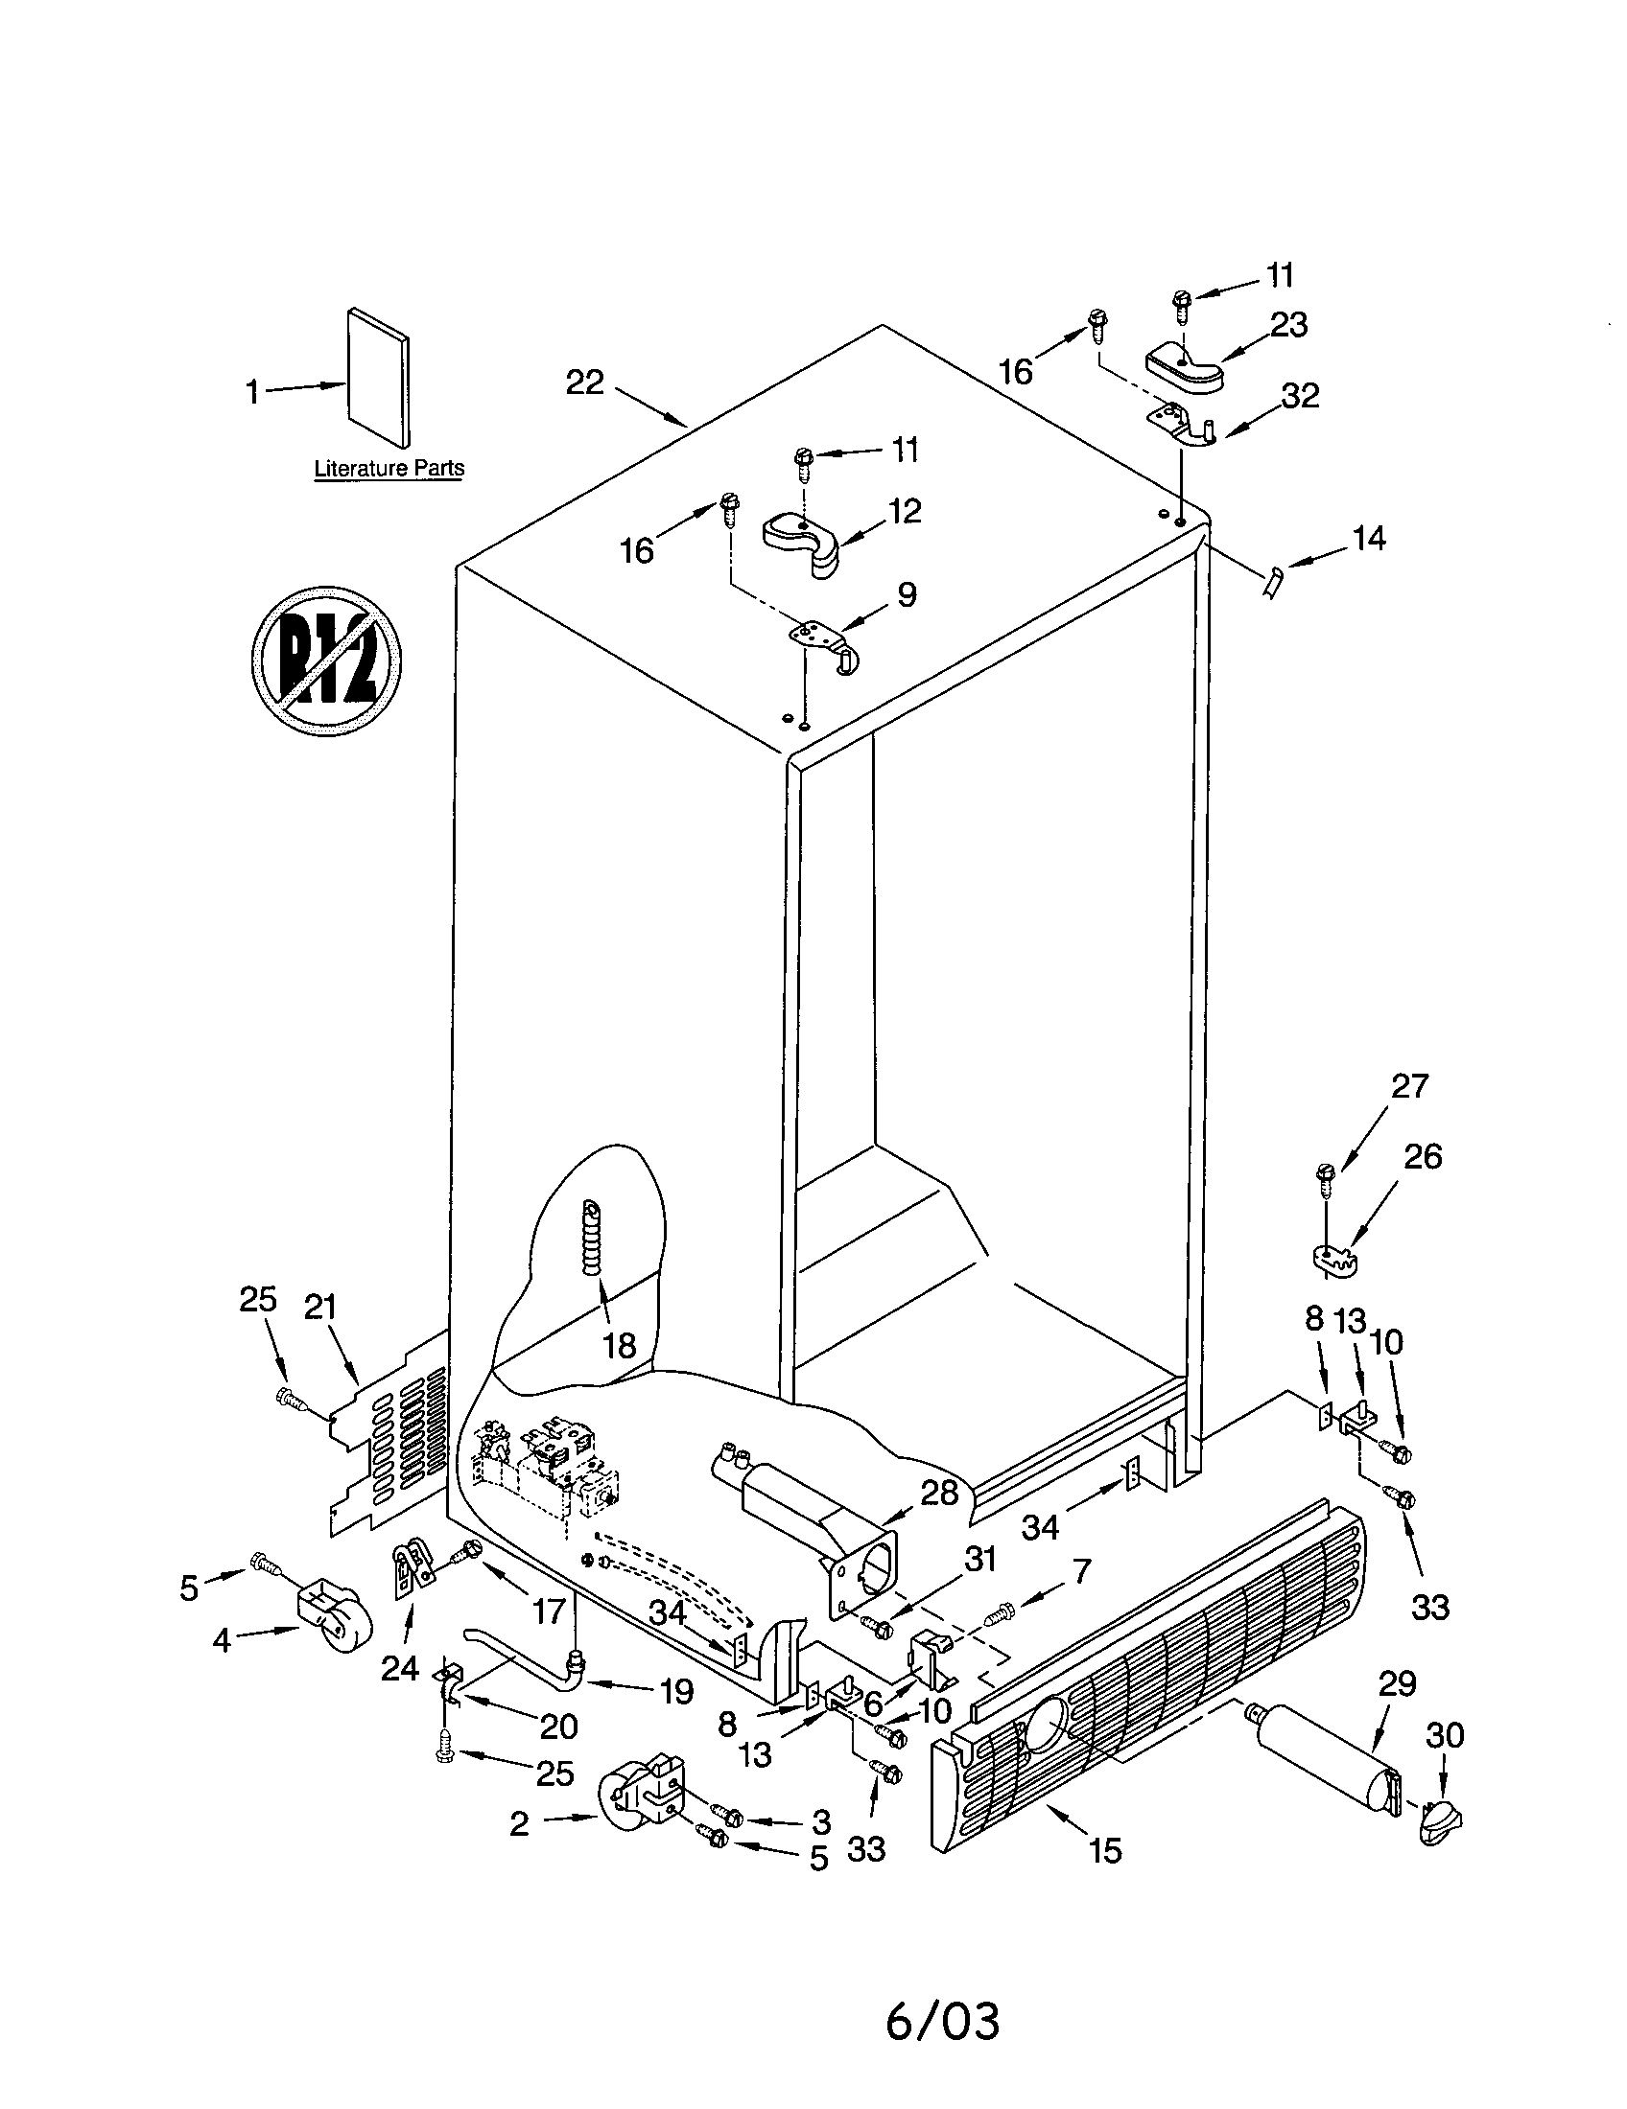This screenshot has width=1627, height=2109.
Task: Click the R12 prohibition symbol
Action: click(326, 661)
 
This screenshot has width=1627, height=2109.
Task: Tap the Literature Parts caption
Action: click(389, 469)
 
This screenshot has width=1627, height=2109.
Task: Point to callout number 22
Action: click(584, 382)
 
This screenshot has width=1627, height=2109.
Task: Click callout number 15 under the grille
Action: click(1105, 1850)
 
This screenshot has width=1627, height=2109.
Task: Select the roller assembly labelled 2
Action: click(641, 1796)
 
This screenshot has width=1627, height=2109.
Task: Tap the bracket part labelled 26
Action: click(1338, 1259)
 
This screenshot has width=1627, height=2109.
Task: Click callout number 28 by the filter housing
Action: click(939, 1493)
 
